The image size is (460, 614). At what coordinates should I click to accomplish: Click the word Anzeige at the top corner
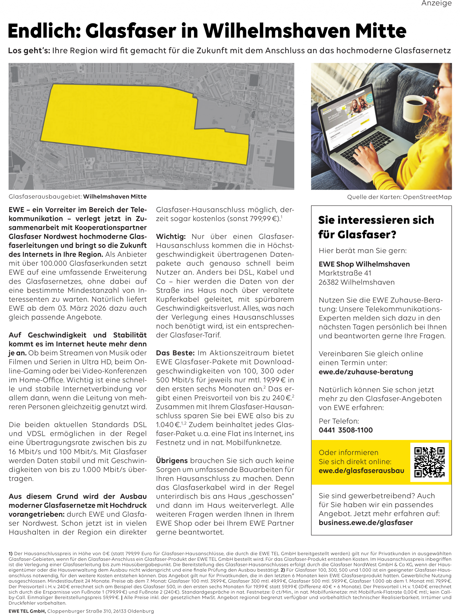tap(436, 4)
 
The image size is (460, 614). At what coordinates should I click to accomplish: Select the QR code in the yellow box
tap(429, 462)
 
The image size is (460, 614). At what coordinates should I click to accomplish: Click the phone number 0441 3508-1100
tap(345, 430)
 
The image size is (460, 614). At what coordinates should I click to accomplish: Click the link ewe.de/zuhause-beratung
tap(366, 372)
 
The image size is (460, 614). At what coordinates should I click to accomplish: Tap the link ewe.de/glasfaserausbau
tap(361, 470)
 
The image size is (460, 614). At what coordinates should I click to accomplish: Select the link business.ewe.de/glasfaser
tap(366, 522)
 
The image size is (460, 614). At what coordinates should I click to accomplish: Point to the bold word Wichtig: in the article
tap(171, 236)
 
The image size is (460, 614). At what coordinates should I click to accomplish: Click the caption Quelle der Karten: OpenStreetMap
tap(399, 197)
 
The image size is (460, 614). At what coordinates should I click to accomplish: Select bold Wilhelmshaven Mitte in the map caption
tap(115, 197)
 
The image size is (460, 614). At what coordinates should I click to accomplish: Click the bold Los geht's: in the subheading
tap(29, 51)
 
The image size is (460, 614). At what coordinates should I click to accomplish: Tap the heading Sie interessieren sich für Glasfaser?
tap(376, 227)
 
